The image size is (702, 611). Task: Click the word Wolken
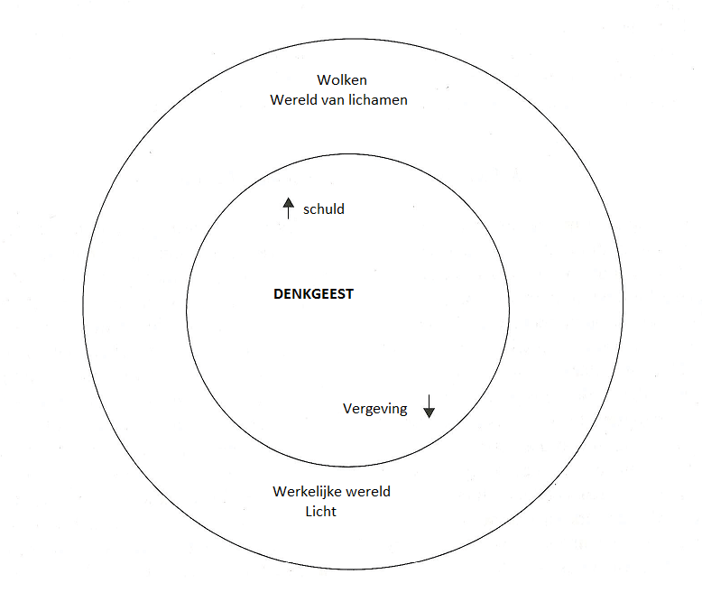[x=342, y=80]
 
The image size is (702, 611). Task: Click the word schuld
[x=324, y=209]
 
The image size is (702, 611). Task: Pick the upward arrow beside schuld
[x=288, y=208]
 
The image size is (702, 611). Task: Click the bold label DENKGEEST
[x=313, y=294]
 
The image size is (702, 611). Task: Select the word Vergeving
[x=375, y=409]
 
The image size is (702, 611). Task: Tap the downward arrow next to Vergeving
[x=429, y=406]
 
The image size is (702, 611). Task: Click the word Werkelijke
[x=307, y=492]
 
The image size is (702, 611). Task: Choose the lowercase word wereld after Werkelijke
[x=367, y=492]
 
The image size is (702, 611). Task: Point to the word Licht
[x=321, y=511]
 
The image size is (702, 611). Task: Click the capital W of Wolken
[x=323, y=80]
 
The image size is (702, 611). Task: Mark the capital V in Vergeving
[x=347, y=409]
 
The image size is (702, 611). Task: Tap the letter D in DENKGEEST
[x=278, y=294]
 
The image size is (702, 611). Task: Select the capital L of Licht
[x=309, y=511]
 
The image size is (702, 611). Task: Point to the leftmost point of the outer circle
[x=83, y=303]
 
